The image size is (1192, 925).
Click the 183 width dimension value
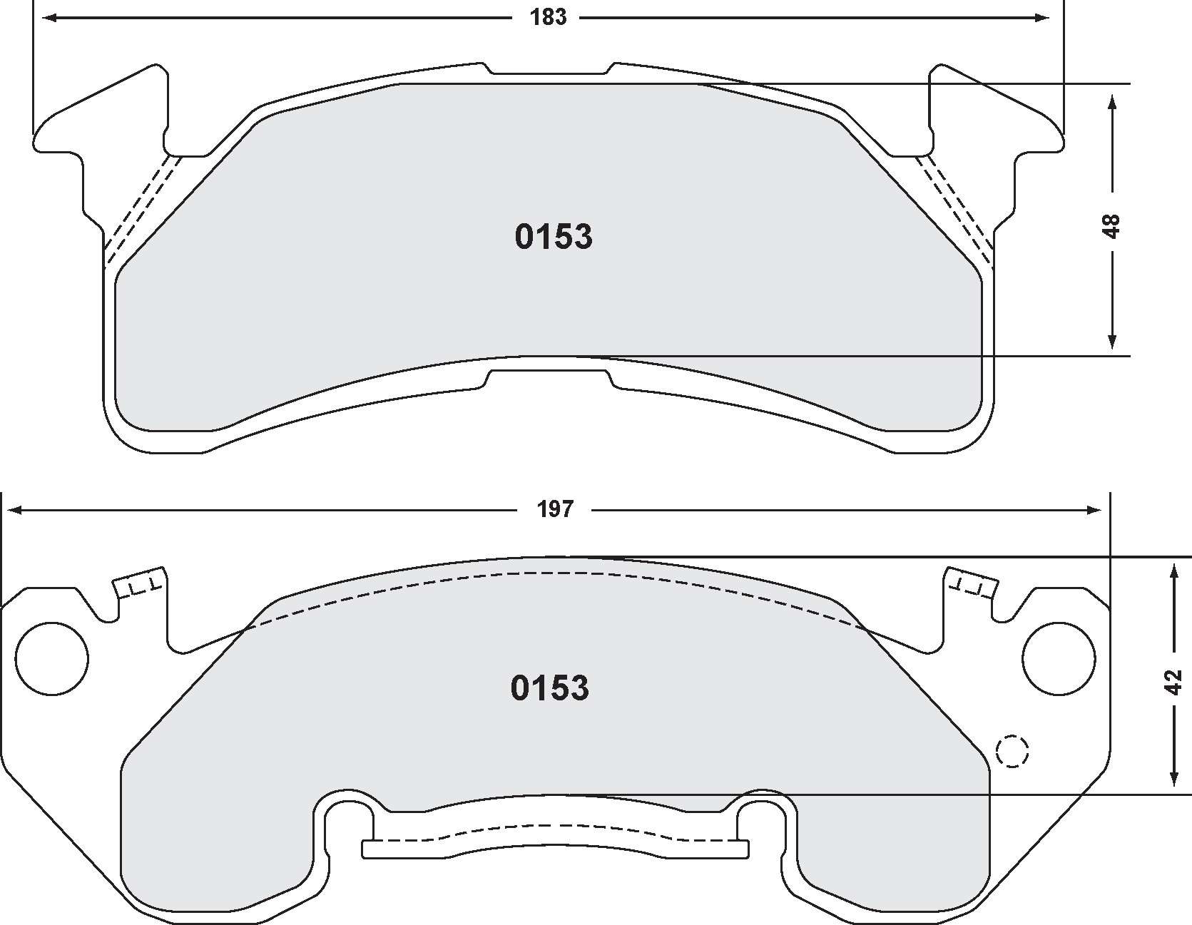pyautogui.click(x=548, y=17)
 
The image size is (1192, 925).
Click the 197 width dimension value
pyautogui.click(x=555, y=509)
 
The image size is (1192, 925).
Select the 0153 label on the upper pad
pyautogui.click(x=554, y=237)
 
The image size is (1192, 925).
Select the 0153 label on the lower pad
pyautogui.click(x=550, y=688)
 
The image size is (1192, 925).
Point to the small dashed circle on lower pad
pyautogui.click(x=1012, y=751)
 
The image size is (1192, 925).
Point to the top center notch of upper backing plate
pyautogui.click(x=549, y=70)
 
